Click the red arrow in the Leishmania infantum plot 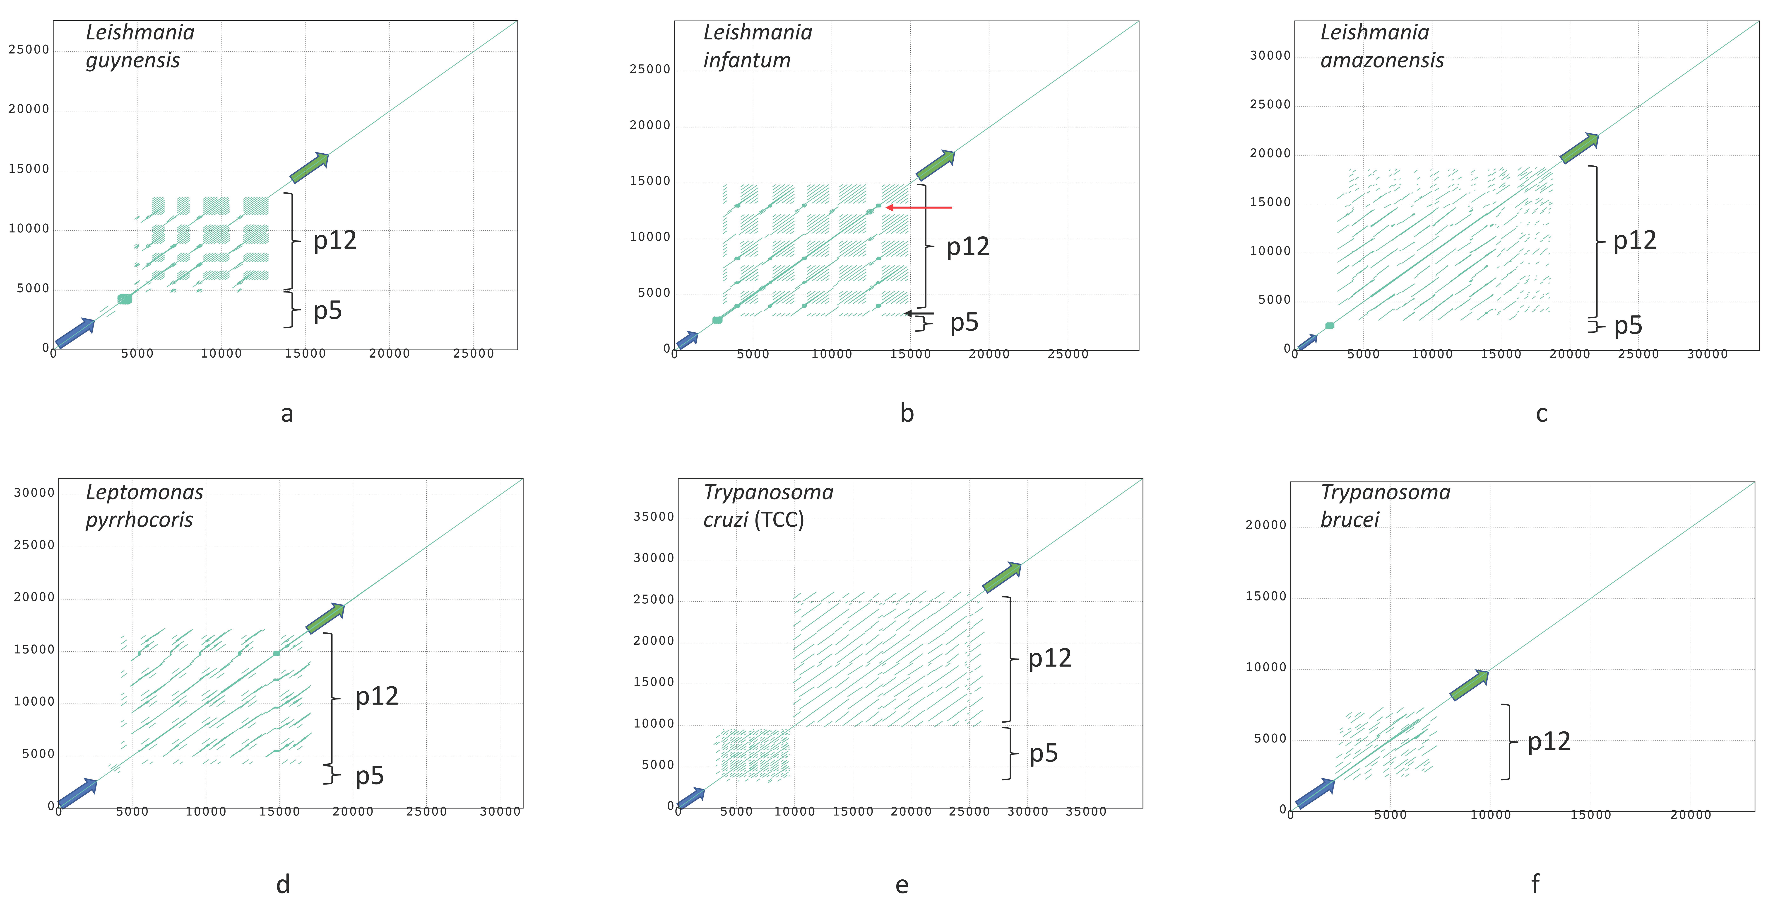click(919, 207)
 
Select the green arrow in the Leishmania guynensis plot click(309, 167)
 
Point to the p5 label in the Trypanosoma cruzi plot click(1043, 753)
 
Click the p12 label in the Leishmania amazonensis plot click(1635, 240)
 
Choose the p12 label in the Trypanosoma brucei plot click(1549, 742)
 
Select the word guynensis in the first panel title click(133, 60)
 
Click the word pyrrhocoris click(139, 520)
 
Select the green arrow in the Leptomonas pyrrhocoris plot click(325, 618)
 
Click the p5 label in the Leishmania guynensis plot click(328, 311)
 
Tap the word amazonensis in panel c click(1382, 60)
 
